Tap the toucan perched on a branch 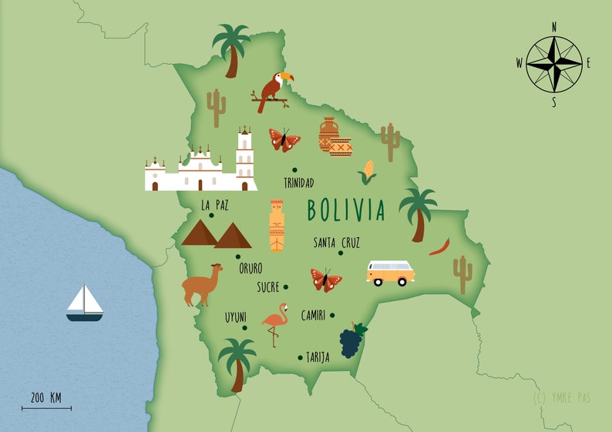[x=274, y=91]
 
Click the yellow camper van [x=390, y=273]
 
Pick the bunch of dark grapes [x=351, y=340]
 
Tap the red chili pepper [x=439, y=246]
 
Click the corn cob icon [x=368, y=171]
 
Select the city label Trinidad [x=298, y=183]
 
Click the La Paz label [x=215, y=206]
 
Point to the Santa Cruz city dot [x=340, y=253]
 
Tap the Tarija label [x=317, y=357]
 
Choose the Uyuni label [x=236, y=316]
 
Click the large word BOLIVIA [x=345, y=209]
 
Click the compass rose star [x=553, y=62]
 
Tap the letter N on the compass [x=553, y=26]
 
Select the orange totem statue [x=276, y=226]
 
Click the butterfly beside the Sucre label [x=326, y=280]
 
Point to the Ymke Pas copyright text [x=564, y=398]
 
